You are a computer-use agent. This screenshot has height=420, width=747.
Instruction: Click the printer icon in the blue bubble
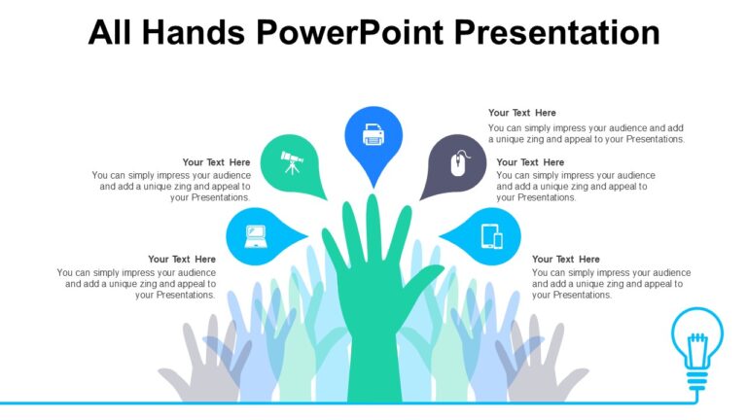[x=373, y=134]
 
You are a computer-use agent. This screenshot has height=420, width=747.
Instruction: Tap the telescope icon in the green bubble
[x=291, y=160]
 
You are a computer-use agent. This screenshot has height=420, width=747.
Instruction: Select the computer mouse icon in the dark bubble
[x=458, y=162]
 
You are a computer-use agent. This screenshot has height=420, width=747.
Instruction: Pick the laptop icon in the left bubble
[x=255, y=235]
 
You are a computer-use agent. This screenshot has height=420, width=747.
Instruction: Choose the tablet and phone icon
[x=492, y=236]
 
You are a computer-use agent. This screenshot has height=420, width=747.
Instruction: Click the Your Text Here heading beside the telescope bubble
[x=216, y=162]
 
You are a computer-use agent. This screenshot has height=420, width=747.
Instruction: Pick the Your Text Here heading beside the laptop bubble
[x=182, y=260]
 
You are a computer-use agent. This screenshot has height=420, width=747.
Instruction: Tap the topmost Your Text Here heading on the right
[x=522, y=113]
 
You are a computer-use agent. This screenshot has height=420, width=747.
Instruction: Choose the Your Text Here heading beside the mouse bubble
[x=530, y=162]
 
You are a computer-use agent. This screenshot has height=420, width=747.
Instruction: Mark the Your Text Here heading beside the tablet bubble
[x=566, y=260]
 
